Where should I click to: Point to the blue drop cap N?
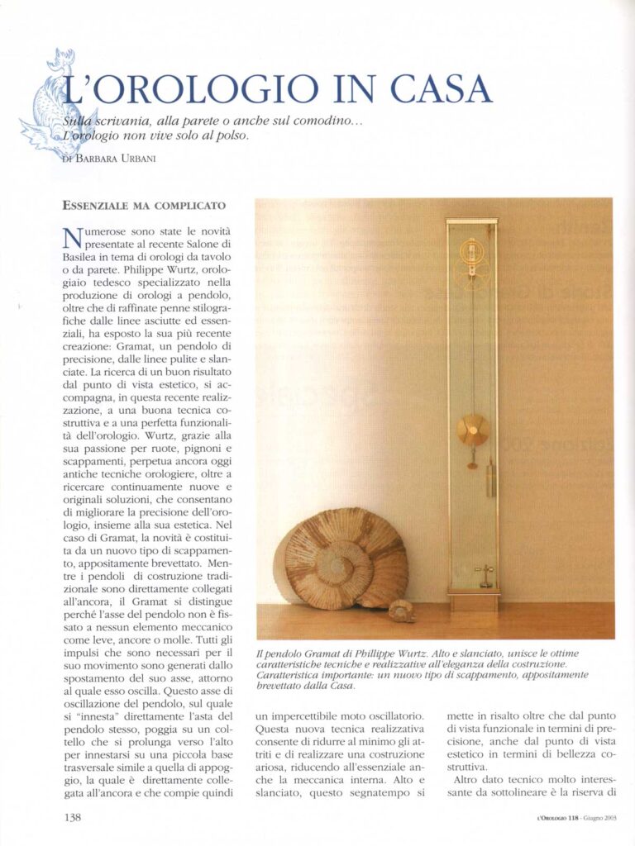pos(73,240)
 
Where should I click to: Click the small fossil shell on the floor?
pos(402,611)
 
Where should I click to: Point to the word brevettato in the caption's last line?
pos(284,686)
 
